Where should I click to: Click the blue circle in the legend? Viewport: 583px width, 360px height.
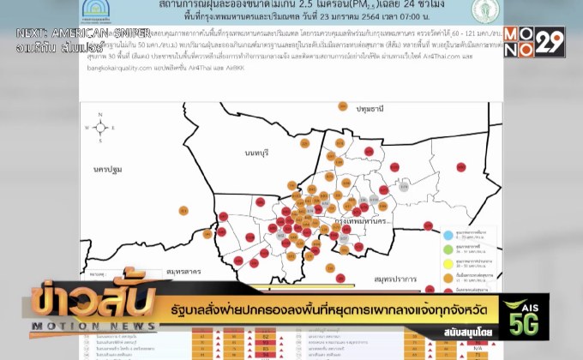(x=447, y=233)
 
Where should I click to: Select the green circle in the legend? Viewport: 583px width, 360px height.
(x=447, y=248)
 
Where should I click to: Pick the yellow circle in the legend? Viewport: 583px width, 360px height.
(x=447, y=261)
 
